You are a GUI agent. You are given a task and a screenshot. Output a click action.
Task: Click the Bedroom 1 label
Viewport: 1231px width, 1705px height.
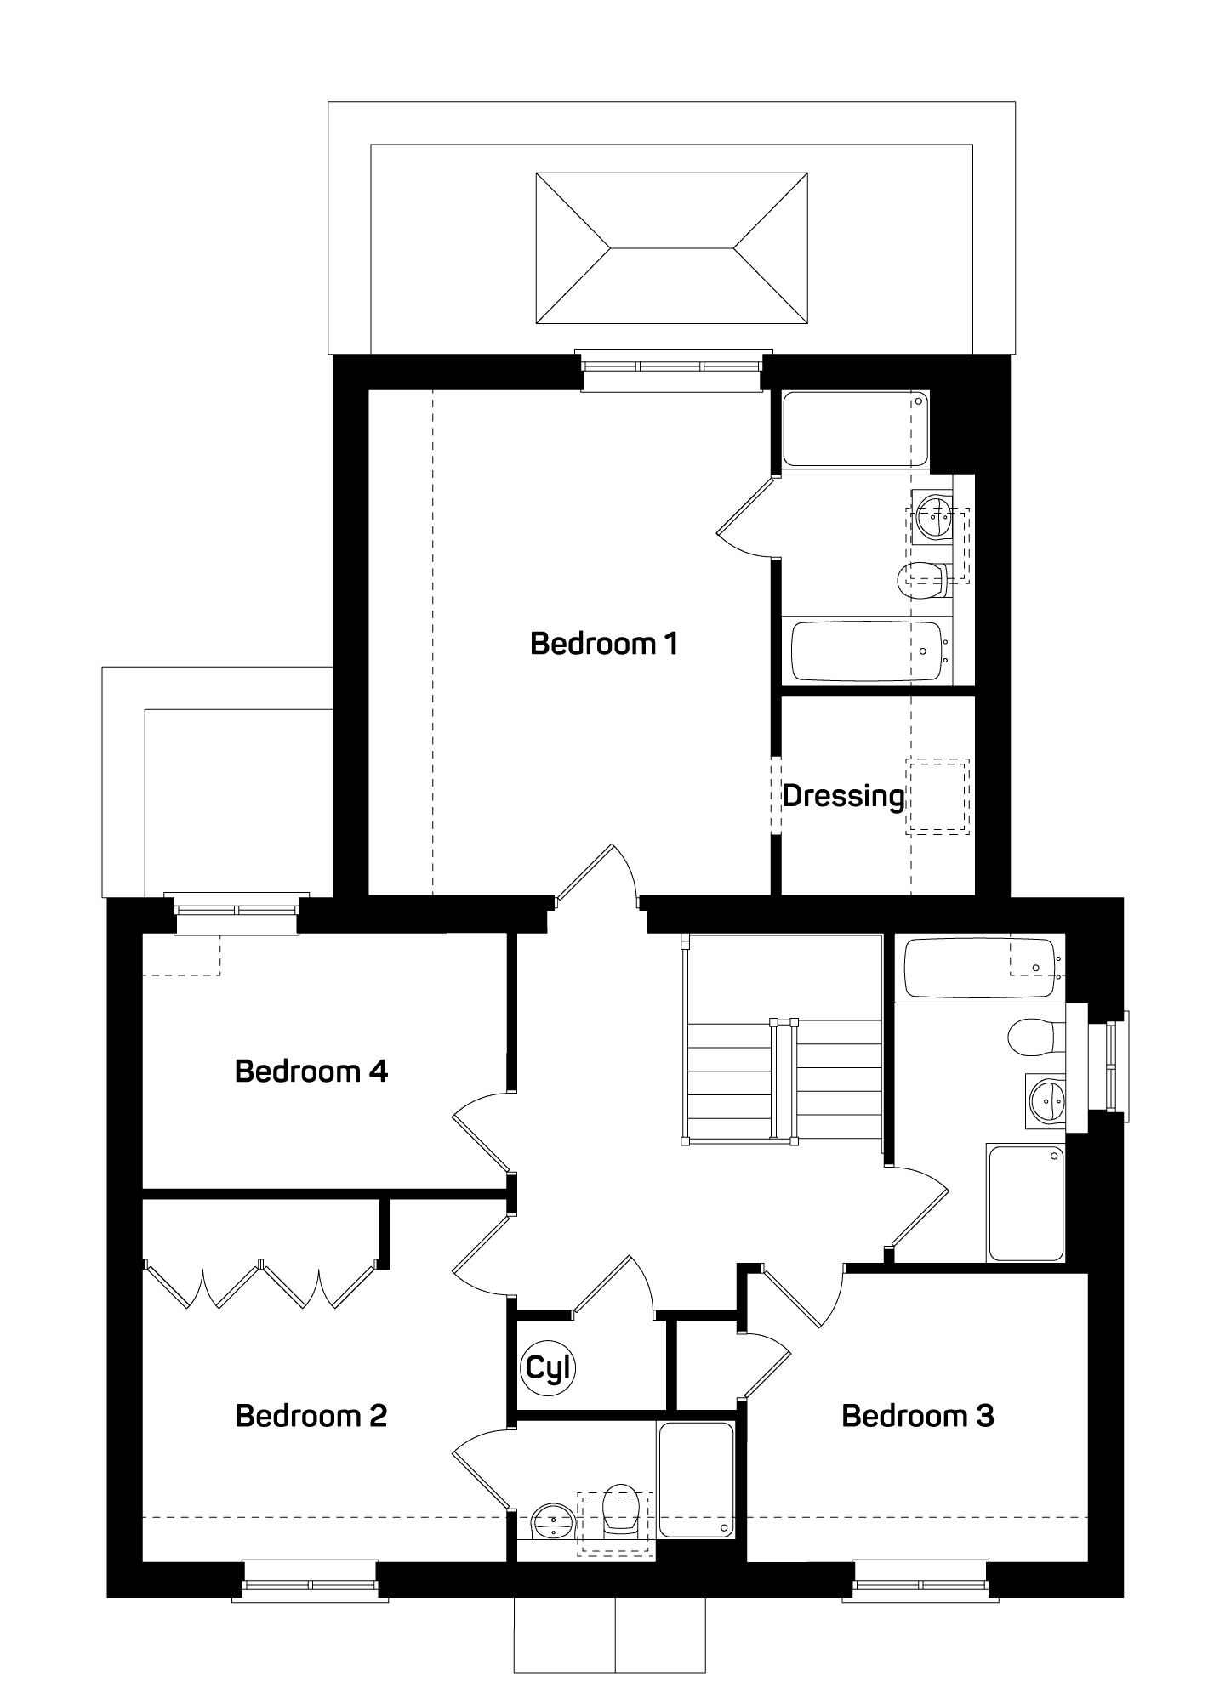tap(603, 644)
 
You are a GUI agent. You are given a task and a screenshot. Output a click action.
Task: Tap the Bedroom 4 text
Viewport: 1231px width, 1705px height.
tap(311, 1071)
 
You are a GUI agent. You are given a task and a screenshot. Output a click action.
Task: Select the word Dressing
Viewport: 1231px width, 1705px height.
tap(843, 797)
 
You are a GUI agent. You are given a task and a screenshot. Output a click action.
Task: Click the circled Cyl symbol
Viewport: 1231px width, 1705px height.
tap(549, 1368)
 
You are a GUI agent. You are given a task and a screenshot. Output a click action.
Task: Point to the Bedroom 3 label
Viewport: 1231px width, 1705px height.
tap(918, 1416)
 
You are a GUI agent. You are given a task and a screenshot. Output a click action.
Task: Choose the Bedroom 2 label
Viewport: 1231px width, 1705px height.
tap(311, 1416)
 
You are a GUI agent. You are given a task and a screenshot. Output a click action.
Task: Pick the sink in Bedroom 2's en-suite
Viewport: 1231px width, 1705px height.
tap(554, 1519)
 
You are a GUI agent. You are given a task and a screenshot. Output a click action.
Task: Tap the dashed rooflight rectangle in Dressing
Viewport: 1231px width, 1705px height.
tap(937, 796)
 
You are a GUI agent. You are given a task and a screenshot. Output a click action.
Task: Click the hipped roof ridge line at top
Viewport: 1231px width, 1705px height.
tap(672, 248)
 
